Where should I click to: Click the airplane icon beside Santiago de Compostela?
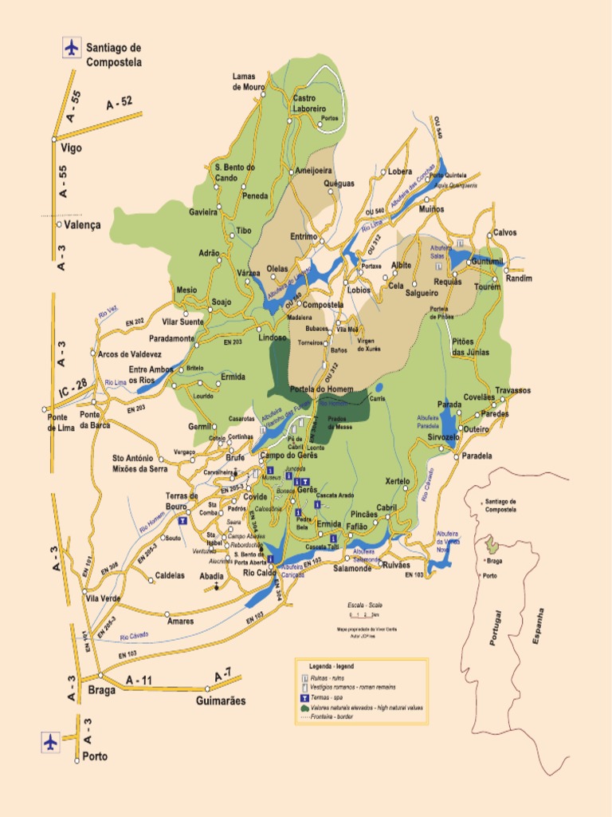72,47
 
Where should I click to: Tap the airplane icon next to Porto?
51,742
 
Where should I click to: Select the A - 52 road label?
119,102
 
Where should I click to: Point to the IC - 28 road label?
73,385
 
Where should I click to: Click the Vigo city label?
71,148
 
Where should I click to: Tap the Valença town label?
83,226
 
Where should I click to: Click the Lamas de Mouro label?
249,81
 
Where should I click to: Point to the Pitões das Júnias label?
470,346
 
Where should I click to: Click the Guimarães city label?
221,701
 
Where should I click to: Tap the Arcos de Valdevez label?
129,354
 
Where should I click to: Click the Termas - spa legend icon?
304,697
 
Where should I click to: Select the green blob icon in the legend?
304,707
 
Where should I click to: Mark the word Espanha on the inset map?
539,626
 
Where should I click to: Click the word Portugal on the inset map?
498,628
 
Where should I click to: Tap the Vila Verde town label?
103,598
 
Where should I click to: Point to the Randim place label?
518,278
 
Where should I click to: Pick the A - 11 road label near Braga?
138,680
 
